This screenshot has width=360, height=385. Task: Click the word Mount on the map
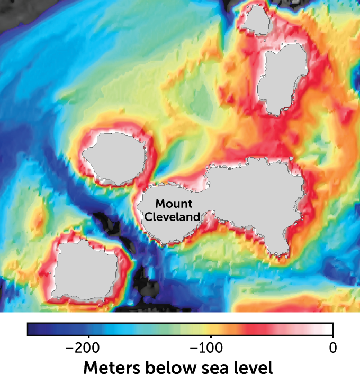click(174, 204)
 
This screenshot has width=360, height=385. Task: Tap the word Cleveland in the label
click(173, 217)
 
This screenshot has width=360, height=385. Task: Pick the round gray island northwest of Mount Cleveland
click(114, 157)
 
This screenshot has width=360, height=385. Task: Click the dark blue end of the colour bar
click(37, 329)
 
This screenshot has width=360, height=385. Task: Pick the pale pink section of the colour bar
click(296, 329)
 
